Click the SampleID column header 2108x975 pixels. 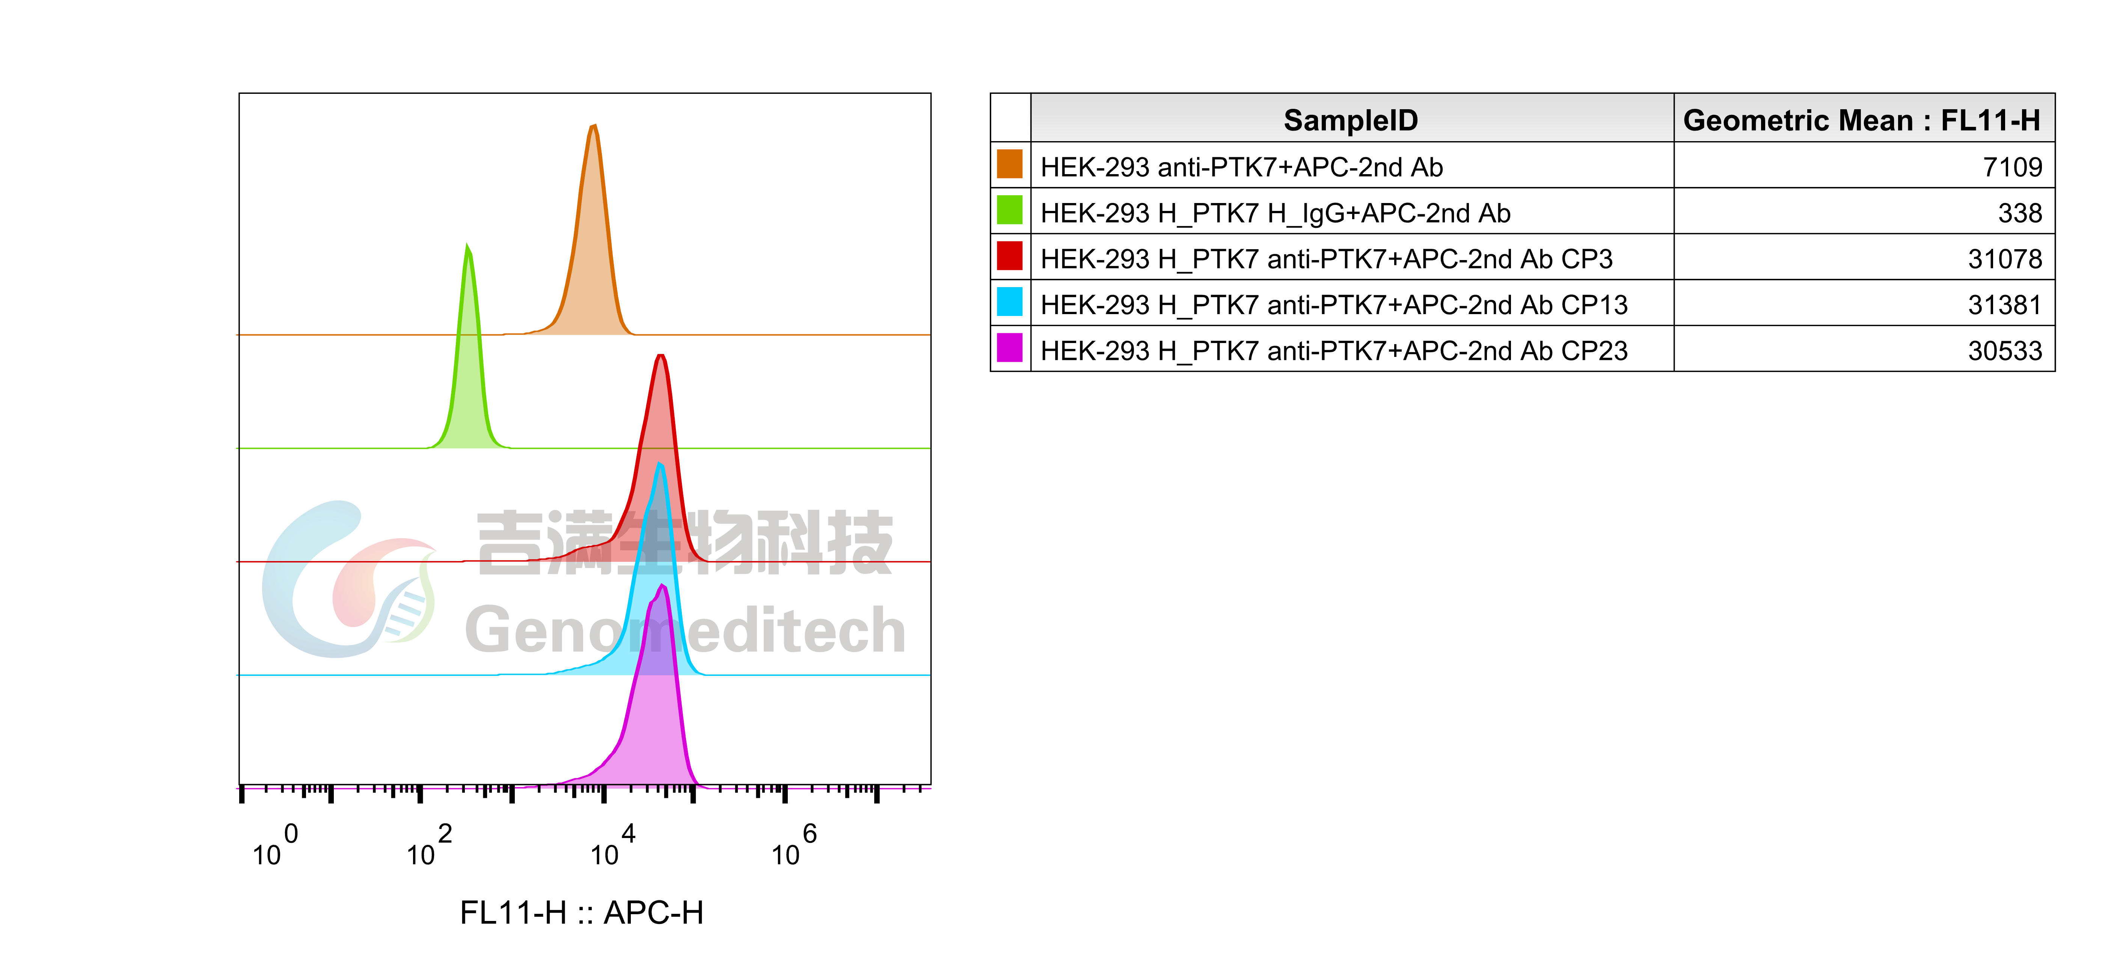(1350, 120)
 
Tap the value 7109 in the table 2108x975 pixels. (2012, 167)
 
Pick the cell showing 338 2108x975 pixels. (2020, 213)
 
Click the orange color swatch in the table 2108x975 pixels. (1010, 164)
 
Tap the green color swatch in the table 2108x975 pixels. (1010, 210)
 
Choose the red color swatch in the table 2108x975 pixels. (1010, 256)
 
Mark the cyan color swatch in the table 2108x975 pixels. (1010, 302)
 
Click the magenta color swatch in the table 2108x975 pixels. (1010, 348)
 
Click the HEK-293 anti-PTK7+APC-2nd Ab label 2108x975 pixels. (1241, 167)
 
